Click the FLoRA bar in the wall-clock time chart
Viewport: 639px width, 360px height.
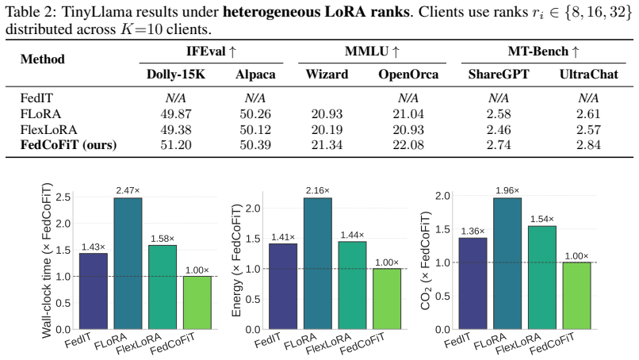coord(128,263)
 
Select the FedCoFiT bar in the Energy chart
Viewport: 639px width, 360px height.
coord(387,299)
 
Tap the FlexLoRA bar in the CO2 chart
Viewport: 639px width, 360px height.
coord(542,278)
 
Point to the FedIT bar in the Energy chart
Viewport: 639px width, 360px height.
coord(283,286)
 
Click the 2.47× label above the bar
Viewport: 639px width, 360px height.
coord(128,190)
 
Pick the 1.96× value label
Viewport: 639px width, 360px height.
coord(507,190)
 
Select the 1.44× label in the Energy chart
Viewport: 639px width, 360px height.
coord(353,235)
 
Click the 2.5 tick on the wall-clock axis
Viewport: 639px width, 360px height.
coord(63,197)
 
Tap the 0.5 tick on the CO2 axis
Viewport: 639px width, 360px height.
coord(443,296)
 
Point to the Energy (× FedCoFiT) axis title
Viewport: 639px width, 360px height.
coord(237,260)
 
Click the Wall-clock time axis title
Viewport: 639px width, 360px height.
coord(47,261)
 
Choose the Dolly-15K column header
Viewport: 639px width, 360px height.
coord(176,75)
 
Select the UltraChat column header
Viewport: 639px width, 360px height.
coord(588,75)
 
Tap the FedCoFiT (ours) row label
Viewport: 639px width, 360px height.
coord(68,145)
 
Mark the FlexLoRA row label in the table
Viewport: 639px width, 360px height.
coord(48,130)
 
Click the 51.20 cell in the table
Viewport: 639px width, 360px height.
coord(176,145)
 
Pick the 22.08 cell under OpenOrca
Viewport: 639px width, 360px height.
coord(408,145)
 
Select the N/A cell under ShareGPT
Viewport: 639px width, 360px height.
coord(499,98)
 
